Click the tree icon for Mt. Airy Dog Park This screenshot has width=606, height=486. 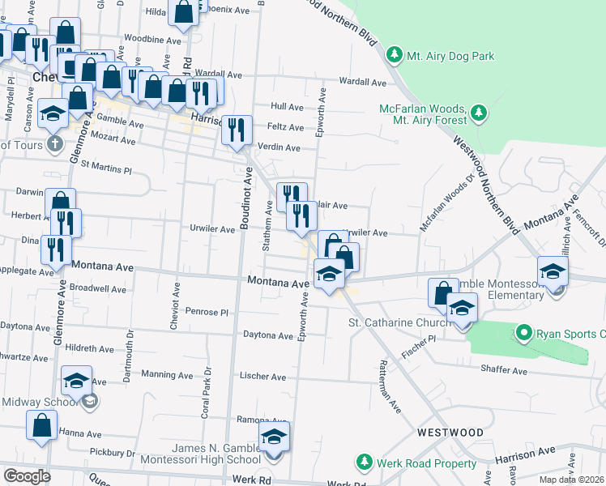[394, 55]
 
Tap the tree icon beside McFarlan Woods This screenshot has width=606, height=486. [478, 111]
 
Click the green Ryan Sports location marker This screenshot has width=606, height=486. [523, 332]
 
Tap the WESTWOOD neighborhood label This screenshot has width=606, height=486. [450, 433]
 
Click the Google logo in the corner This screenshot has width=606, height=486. [27, 475]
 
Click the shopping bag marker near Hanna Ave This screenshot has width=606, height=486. [42, 424]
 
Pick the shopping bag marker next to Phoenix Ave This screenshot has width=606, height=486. [184, 11]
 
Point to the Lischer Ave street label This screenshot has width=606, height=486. [262, 377]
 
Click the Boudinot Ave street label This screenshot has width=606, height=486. [245, 198]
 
